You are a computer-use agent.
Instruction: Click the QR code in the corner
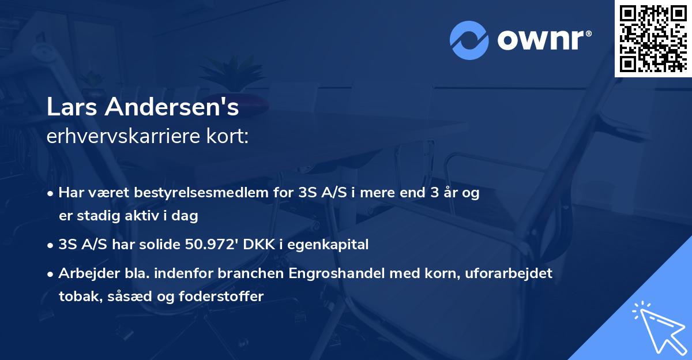point(653,38)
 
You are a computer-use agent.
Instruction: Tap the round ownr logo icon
point(469,40)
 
